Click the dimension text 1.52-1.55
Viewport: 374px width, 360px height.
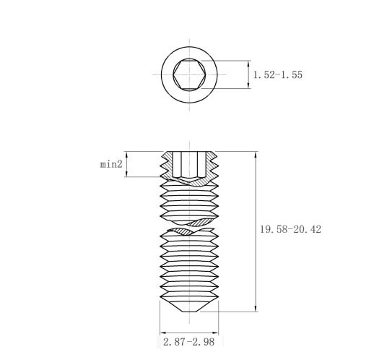[x=278, y=74]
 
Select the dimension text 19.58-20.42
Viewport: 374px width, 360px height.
[x=290, y=229]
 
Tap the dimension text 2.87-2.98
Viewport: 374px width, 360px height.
[x=188, y=342]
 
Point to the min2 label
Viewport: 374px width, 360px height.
[x=111, y=164]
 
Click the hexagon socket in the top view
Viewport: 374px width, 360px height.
[x=189, y=74]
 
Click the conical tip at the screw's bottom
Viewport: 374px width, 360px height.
[x=189, y=306]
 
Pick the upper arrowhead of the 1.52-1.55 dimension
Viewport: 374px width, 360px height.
[x=248, y=64]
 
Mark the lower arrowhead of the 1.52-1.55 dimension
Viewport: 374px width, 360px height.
[x=248, y=86]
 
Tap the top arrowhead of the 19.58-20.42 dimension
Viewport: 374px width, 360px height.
[x=256, y=155]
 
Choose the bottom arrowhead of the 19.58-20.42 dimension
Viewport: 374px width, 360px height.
[x=256, y=309]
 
